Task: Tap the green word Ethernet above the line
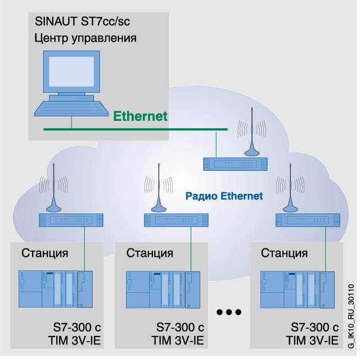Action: pos(141,117)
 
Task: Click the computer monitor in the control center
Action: pos(71,74)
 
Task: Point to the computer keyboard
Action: pos(71,110)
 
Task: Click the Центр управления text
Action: pos(86,39)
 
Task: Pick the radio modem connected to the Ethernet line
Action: pos(235,164)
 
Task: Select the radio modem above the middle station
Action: pos(176,219)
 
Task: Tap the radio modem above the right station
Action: pos(307,219)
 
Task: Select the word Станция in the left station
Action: pos(45,252)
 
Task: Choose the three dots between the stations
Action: pos(229,312)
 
